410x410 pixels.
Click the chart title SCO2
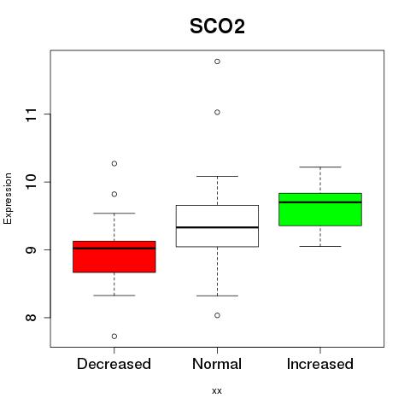pyautogui.click(x=217, y=26)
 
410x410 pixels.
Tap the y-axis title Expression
pyautogui.click(x=8, y=198)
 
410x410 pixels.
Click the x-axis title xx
pyautogui.click(x=217, y=390)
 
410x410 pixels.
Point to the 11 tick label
pyautogui.click(x=31, y=114)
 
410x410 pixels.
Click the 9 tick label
pyautogui.click(x=31, y=250)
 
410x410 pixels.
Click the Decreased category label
pyautogui.click(x=114, y=364)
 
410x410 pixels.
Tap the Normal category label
pyautogui.click(x=217, y=364)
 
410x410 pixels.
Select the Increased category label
pyautogui.click(x=320, y=364)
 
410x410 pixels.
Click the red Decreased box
pyautogui.click(x=114, y=257)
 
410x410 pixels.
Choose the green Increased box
pyautogui.click(x=320, y=209)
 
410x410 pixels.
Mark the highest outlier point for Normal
pyautogui.click(x=217, y=61)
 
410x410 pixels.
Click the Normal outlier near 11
pyautogui.click(x=217, y=112)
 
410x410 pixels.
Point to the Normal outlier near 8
pyautogui.click(x=217, y=315)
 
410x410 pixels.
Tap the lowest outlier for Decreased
pyautogui.click(x=114, y=337)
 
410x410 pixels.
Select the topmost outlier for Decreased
pyautogui.click(x=114, y=163)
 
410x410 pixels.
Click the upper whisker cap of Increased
pyautogui.click(x=320, y=167)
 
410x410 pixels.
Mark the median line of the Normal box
pyautogui.click(x=217, y=227)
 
